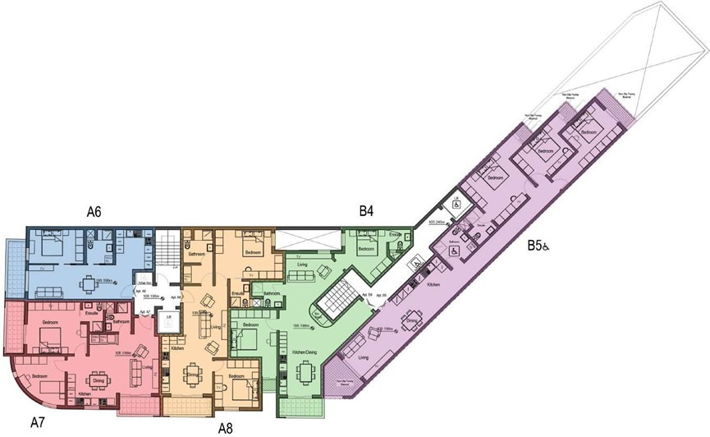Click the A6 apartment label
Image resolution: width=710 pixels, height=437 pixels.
tap(94, 212)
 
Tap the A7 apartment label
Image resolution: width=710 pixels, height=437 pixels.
tap(37, 423)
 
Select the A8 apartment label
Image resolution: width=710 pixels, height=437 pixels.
tap(227, 428)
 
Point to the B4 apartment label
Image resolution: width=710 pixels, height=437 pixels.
tap(366, 211)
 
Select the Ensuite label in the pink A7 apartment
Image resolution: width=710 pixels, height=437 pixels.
tap(92, 313)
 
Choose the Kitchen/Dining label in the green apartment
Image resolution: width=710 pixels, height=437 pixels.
tap(305, 352)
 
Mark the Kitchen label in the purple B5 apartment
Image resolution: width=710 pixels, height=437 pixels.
tap(434, 283)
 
